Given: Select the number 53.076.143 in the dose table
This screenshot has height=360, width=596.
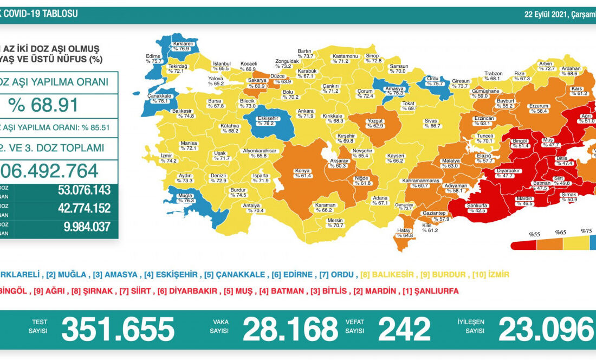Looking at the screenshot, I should point(83,190).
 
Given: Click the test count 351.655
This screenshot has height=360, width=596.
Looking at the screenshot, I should point(118,329).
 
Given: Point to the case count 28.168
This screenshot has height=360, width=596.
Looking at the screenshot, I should point(290,329).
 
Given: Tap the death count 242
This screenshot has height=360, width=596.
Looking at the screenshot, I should point(404,329).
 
